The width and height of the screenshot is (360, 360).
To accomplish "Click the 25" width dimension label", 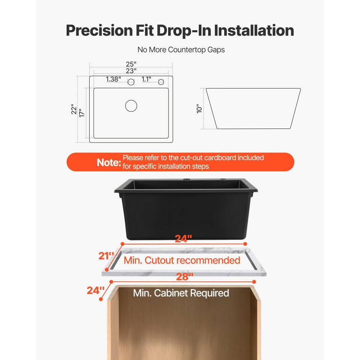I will pyautogui.click(x=131, y=64).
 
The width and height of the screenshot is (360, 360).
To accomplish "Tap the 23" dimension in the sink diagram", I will pyautogui.click(x=131, y=71).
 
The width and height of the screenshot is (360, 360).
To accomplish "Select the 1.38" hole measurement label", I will pyautogui.click(x=113, y=79).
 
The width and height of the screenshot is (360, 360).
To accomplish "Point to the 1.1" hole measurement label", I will pyautogui.click(x=146, y=79).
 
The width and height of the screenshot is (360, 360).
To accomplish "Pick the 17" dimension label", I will pyautogui.click(x=82, y=113).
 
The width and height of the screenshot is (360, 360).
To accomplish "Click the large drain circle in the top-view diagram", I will pyautogui.click(x=131, y=105).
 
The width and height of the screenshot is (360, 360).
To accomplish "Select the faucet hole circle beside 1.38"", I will pyautogui.click(x=131, y=82).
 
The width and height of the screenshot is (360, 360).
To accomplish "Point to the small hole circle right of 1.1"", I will pyautogui.click(x=161, y=82).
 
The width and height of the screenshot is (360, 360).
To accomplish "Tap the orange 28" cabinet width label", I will pyautogui.click(x=184, y=276).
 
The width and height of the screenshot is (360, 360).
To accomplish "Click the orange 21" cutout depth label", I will pyautogui.click(x=106, y=256).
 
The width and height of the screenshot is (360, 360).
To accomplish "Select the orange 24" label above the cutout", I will pyautogui.click(x=183, y=238).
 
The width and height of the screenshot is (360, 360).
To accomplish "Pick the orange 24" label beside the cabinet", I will pyautogui.click(x=95, y=290).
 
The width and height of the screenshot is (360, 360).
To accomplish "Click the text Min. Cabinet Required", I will pyautogui.click(x=181, y=293).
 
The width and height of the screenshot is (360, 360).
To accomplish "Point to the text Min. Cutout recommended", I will pyautogui.click(x=182, y=260).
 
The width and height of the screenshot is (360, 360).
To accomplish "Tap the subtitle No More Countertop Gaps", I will pyautogui.click(x=181, y=50).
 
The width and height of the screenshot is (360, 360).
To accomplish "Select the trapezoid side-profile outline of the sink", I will pyautogui.click(x=253, y=108).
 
